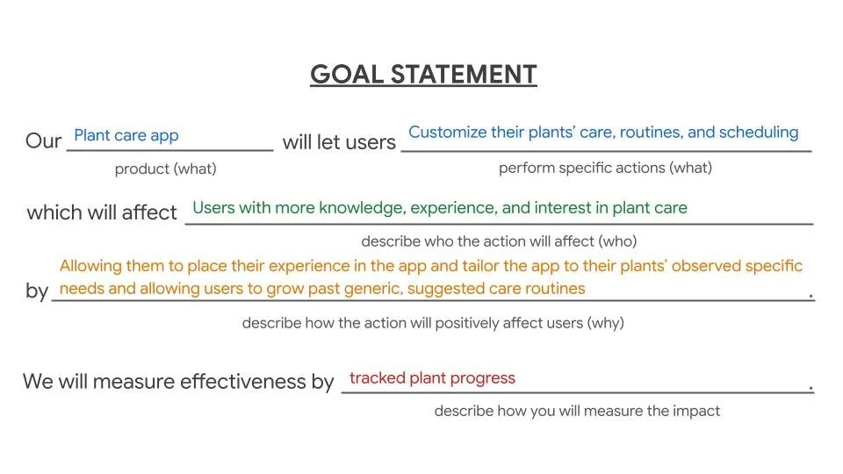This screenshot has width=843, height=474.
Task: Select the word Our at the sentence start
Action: coord(44,141)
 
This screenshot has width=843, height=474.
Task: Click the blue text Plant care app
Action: coord(126,135)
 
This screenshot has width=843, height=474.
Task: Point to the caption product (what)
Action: coord(165,169)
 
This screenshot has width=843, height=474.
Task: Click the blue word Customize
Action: coord(447,133)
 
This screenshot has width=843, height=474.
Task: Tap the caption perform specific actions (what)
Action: coord(605,168)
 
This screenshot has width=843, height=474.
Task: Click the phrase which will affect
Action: coord(102,212)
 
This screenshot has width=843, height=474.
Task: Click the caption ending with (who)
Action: coord(499,241)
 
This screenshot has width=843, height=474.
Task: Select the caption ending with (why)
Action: coord(433,323)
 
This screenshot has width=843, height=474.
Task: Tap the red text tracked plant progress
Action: coord(432,378)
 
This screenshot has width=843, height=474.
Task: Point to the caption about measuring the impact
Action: coord(577,410)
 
